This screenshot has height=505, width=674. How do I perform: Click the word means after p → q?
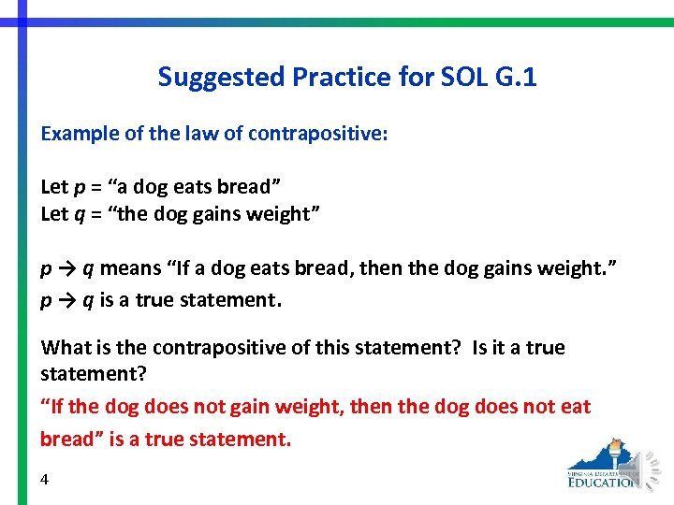pos(131,269)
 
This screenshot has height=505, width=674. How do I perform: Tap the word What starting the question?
pos(65,348)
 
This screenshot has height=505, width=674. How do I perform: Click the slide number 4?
pos(45,479)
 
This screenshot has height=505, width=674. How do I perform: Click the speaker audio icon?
pos(647,467)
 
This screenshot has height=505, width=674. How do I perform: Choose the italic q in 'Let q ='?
pos(81,214)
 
